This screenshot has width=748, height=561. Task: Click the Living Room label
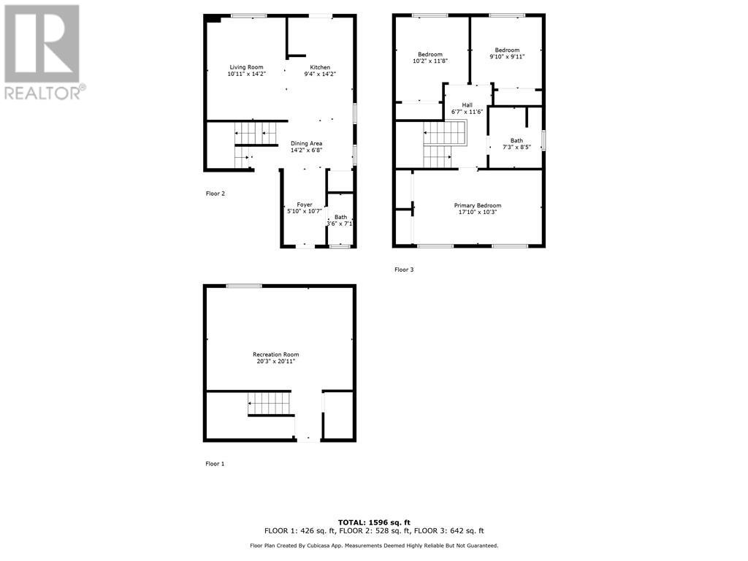(x=245, y=67)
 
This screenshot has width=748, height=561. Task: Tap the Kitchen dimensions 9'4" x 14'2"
(x=320, y=74)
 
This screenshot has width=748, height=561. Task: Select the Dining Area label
(x=306, y=143)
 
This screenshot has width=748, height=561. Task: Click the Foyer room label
(x=305, y=205)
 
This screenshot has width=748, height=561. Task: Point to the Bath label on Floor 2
(x=341, y=217)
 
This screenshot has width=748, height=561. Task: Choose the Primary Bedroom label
(x=478, y=206)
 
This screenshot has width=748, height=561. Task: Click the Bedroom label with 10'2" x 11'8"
(x=430, y=55)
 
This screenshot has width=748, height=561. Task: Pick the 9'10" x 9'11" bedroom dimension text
(x=507, y=57)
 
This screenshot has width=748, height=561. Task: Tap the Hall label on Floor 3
(x=467, y=105)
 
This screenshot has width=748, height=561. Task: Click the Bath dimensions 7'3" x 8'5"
(x=517, y=147)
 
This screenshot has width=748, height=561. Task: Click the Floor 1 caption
(x=215, y=464)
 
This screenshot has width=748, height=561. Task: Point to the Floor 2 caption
(x=215, y=194)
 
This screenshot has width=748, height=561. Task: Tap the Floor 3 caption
(x=404, y=270)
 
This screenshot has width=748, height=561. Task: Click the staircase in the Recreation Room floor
(x=270, y=403)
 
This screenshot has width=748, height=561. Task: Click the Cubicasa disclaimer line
(x=374, y=546)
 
